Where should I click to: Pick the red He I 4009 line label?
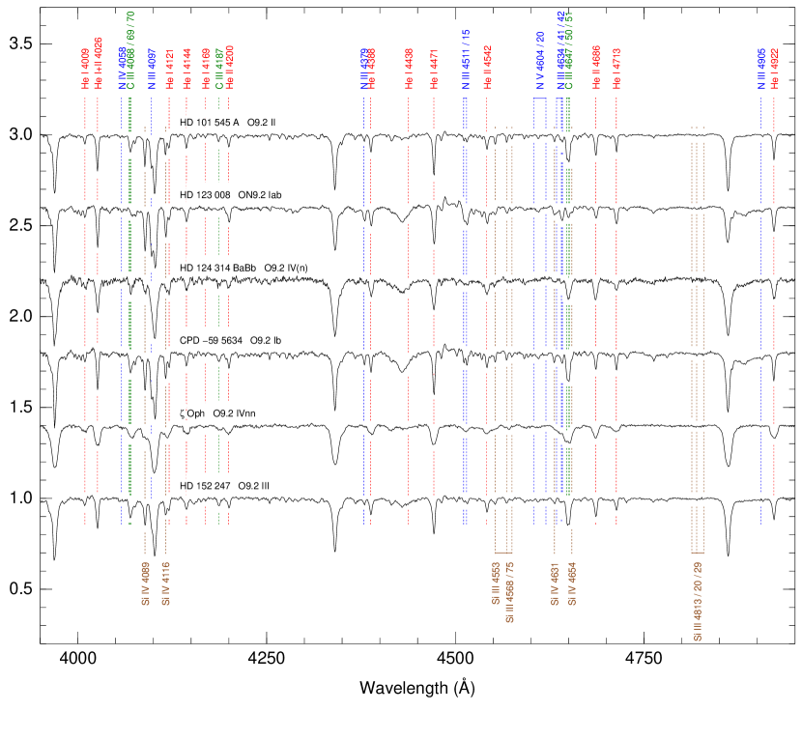click(x=85, y=69)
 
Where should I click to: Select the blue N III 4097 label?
click(x=152, y=69)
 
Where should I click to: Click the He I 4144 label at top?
click(x=186, y=69)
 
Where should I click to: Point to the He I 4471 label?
click(x=434, y=69)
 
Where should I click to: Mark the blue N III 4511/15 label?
click(x=465, y=60)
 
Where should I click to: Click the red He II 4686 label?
click(x=596, y=69)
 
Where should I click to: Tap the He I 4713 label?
click(x=616, y=69)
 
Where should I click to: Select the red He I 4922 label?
click(x=775, y=69)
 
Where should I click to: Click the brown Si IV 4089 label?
click(x=145, y=583)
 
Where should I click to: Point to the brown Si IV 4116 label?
click(x=165, y=583)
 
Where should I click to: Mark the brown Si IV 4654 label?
click(x=573, y=583)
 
